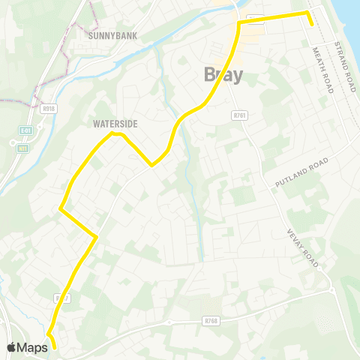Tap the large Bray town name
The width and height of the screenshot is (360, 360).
tap(223, 75)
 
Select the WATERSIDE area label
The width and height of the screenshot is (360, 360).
tap(115, 124)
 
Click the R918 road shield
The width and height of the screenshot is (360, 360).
tap(49, 109)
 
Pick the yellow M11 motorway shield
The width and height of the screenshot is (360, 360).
tap(23, 148)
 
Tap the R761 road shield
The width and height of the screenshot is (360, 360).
tap(240, 116)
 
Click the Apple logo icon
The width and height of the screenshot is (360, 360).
tap(11, 346)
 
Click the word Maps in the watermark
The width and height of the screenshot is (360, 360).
tap(31, 346)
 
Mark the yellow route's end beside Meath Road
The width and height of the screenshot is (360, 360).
tap(311, 25)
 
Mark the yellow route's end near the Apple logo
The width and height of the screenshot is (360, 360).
tap(55, 348)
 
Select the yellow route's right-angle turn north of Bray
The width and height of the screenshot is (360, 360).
tap(239, 24)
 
